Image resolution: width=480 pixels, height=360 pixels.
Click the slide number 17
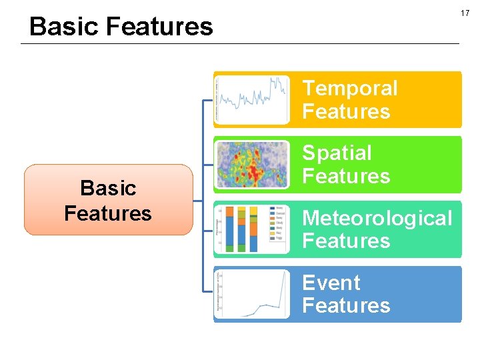465,13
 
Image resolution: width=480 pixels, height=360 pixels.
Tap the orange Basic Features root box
108,200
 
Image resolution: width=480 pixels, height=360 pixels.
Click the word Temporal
349,89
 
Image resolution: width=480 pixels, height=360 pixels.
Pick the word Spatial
337,153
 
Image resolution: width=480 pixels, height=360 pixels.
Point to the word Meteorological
377,218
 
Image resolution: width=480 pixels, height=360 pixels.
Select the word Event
331,283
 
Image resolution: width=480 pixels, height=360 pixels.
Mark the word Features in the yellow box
345,111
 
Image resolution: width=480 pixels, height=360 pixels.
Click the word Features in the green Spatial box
345,176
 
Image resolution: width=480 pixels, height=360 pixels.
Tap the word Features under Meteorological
345,241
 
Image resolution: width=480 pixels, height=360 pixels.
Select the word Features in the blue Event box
345,305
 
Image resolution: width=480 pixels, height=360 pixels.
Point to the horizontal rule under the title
240,44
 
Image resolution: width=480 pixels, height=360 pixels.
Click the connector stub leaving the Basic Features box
197,200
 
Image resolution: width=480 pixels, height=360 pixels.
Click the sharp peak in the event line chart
285,274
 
